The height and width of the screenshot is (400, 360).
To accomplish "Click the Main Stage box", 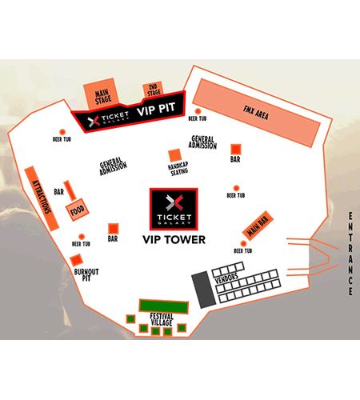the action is click(x=102, y=94).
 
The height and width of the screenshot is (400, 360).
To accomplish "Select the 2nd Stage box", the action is click(x=153, y=90).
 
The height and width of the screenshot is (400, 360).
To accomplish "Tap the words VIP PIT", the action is click(x=156, y=109).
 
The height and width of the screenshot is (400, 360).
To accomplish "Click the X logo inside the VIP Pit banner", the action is click(x=94, y=121).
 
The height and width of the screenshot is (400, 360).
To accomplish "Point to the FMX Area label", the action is click(x=256, y=113).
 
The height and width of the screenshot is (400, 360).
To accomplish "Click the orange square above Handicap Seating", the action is click(x=175, y=155).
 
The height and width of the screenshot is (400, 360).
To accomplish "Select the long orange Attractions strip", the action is click(x=42, y=198).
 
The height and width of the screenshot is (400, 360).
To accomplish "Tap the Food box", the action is click(x=78, y=210).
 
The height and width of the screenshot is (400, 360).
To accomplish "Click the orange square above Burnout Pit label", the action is click(x=76, y=260).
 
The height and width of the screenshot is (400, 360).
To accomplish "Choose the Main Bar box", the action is click(x=258, y=226).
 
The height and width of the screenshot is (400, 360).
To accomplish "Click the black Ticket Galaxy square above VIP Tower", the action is click(x=174, y=209).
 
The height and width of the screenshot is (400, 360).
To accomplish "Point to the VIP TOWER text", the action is click(x=174, y=240).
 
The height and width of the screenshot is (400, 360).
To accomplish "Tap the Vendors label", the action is click(x=226, y=278).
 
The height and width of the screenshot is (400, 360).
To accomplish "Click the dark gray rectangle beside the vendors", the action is click(x=204, y=290).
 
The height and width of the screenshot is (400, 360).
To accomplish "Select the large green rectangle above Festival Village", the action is click(x=164, y=306).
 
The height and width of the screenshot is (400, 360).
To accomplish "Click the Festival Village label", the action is click(x=162, y=319).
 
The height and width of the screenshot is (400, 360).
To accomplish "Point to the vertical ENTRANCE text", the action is click(x=350, y=254).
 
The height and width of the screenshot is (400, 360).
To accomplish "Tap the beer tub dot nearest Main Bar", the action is click(x=243, y=243).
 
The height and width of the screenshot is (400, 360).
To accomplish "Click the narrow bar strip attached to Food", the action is click(x=70, y=190).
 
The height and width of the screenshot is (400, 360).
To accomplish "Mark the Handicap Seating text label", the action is click(x=178, y=169).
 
